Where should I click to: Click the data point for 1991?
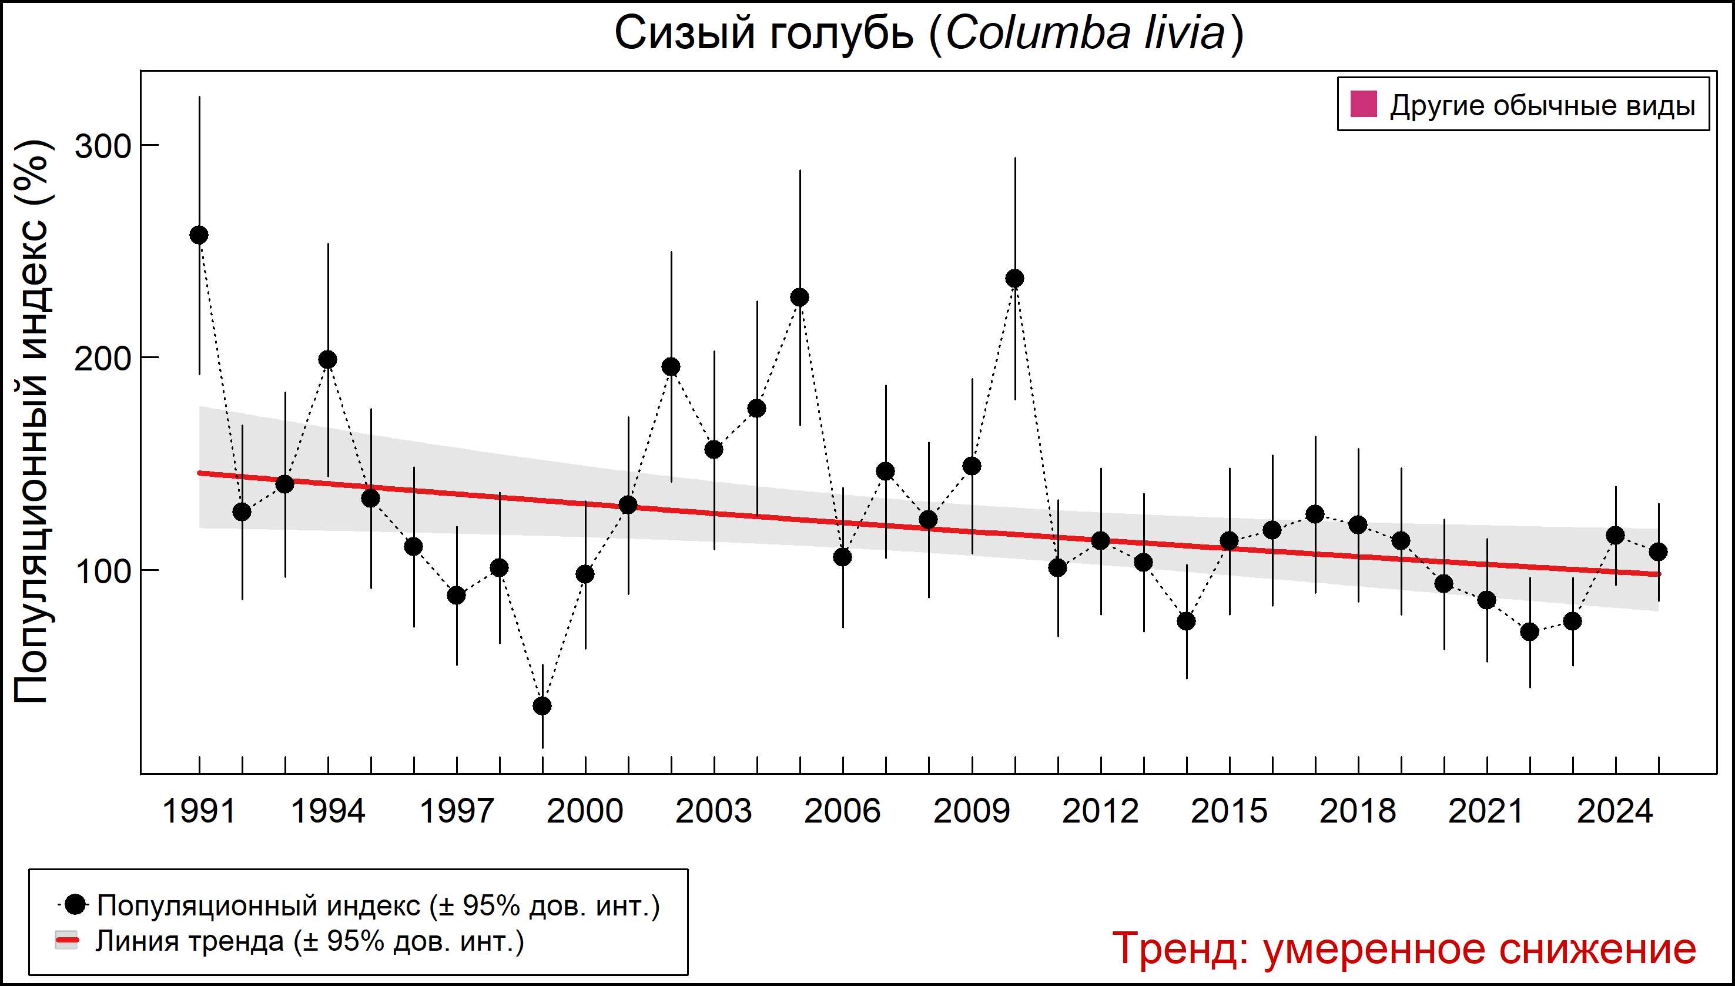(199, 235)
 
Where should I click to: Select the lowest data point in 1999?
(542, 706)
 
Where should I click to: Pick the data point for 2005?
(800, 298)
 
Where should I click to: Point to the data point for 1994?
(327, 360)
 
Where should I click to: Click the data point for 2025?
(1659, 552)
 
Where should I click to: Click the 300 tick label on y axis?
(102, 146)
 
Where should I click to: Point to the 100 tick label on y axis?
(102, 571)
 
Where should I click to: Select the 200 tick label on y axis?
(102, 359)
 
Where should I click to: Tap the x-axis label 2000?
(585, 811)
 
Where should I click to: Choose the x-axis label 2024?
(1615, 811)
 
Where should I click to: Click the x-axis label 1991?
(199, 811)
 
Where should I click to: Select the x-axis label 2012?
(1100, 811)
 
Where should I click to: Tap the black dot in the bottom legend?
(76, 904)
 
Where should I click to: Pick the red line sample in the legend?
(66, 941)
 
